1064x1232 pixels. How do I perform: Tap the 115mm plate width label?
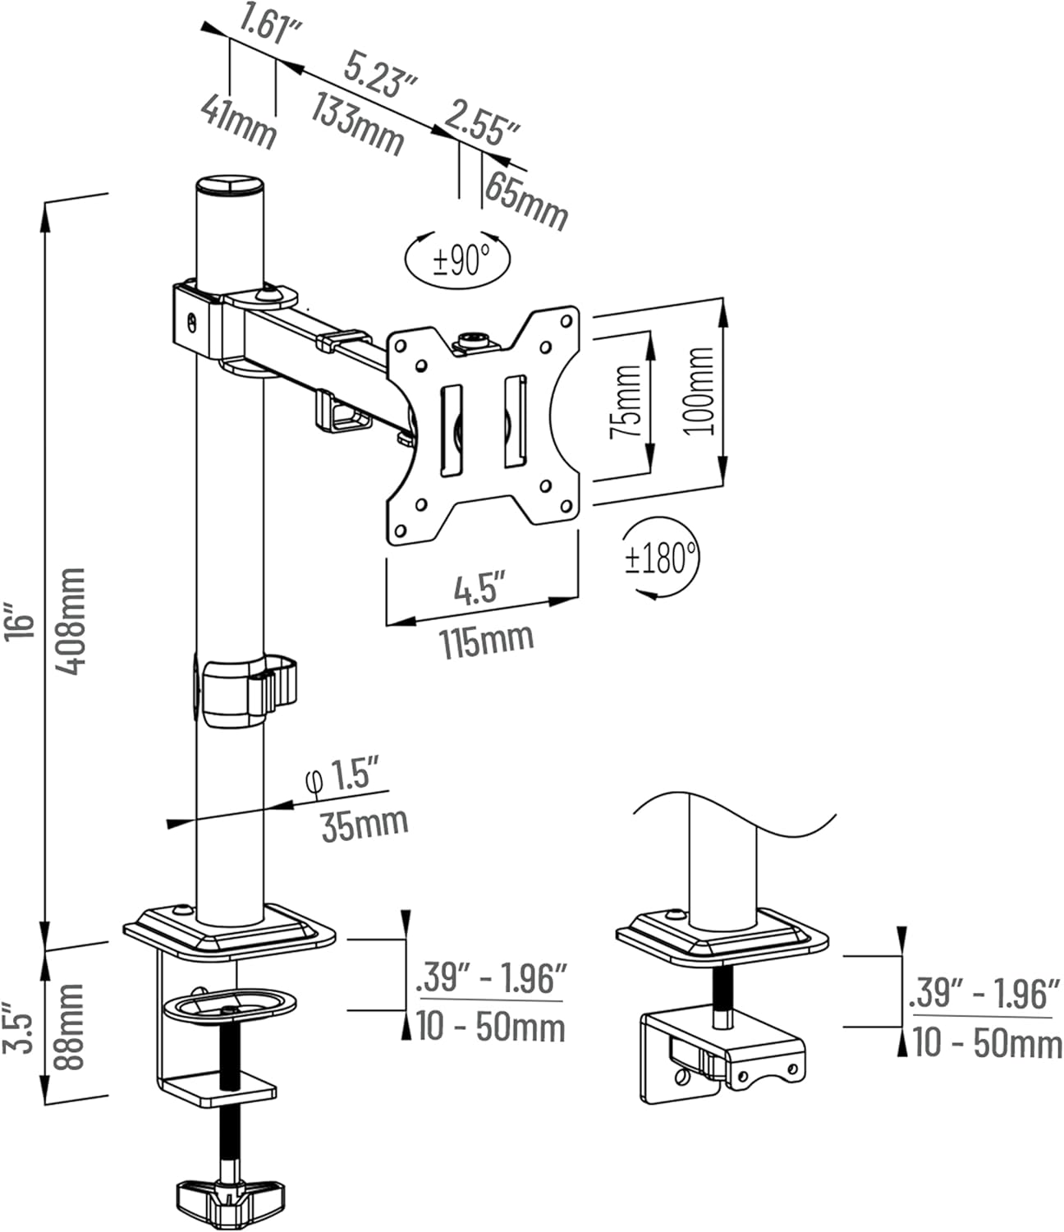pyautogui.click(x=487, y=640)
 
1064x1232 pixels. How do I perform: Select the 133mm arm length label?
pyautogui.click(x=356, y=123)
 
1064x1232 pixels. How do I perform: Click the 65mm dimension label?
pyautogui.click(x=525, y=200)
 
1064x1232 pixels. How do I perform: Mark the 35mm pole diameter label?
pyautogui.click(x=364, y=823)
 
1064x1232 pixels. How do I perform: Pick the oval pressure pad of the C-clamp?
pyautogui.click(x=223, y=1004)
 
